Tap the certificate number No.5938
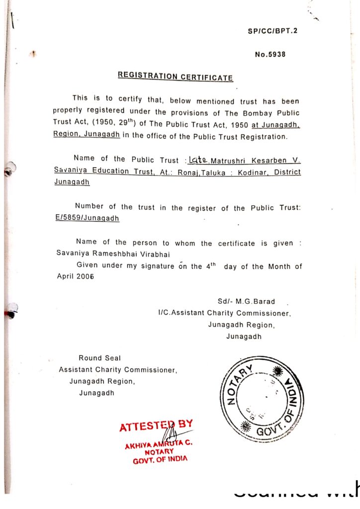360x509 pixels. click(270, 55)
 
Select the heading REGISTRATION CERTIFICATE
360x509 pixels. click(175, 77)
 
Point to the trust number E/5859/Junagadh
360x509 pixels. click(87, 218)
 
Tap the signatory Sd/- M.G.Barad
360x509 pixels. click(246, 302)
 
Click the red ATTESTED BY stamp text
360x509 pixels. click(156, 425)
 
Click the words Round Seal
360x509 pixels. click(99, 358)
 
